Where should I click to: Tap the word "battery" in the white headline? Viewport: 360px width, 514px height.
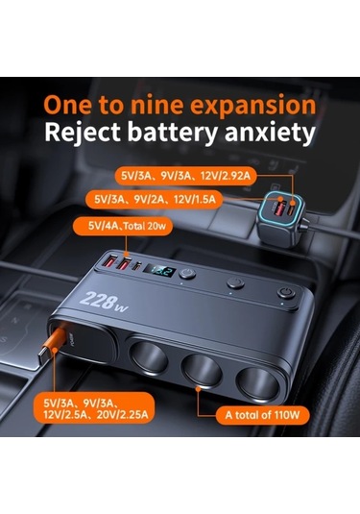[x=172, y=133]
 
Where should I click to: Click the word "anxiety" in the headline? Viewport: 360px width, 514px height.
[x=270, y=133]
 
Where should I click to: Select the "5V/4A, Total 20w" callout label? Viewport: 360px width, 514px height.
[x=122, y=226]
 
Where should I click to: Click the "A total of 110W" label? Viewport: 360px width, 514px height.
[x=262, y=415]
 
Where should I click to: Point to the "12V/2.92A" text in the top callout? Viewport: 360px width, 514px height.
[x=226, y=176]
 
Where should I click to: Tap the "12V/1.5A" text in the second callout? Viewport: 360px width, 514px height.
[x=195, y=199]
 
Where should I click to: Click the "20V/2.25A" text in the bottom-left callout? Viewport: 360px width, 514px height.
[x=122, y=415]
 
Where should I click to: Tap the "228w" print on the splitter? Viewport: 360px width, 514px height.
[x=104, y=301]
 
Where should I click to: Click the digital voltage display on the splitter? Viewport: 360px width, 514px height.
[x=160, y=271]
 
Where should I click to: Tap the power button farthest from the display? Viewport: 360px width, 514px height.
[x=286, y=293]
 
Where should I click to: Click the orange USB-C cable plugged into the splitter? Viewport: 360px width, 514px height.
[x=53, y=347]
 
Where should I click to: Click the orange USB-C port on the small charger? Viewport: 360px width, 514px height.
[x=291, y=208]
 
